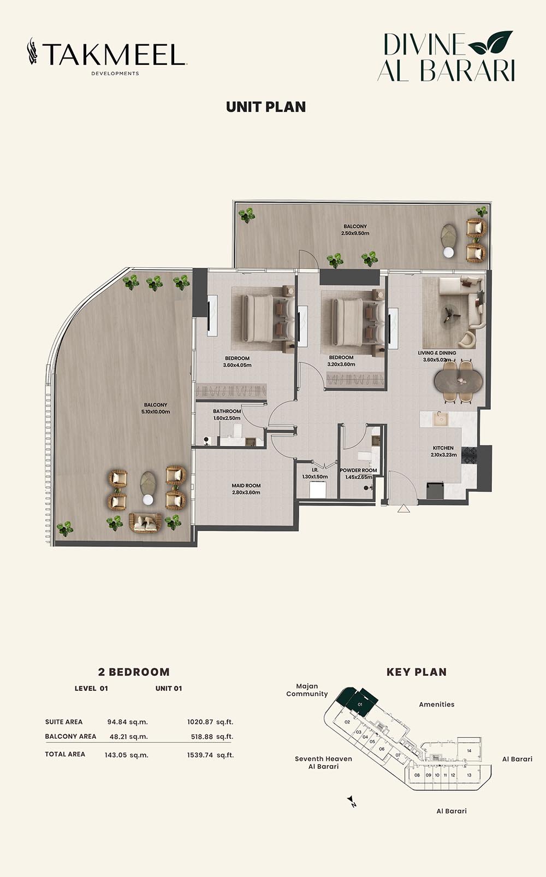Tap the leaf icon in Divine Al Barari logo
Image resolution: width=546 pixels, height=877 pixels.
tap(490, 42)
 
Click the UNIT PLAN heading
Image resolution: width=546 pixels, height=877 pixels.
tap(266, 107)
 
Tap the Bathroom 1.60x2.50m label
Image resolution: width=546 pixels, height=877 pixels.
tap(227, 415)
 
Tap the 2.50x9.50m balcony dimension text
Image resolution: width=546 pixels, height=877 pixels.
tap(355, 233)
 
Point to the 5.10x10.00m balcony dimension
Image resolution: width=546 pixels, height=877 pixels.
tap(156, 411)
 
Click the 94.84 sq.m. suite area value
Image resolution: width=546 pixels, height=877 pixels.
tap(128, 722)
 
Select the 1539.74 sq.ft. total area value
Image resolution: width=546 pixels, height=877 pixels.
tap(210, 755)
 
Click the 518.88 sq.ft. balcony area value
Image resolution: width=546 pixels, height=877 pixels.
tap(212, 737)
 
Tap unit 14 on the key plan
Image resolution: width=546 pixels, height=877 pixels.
tap(470, 751)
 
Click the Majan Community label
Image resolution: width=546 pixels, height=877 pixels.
tap(307, 690)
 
